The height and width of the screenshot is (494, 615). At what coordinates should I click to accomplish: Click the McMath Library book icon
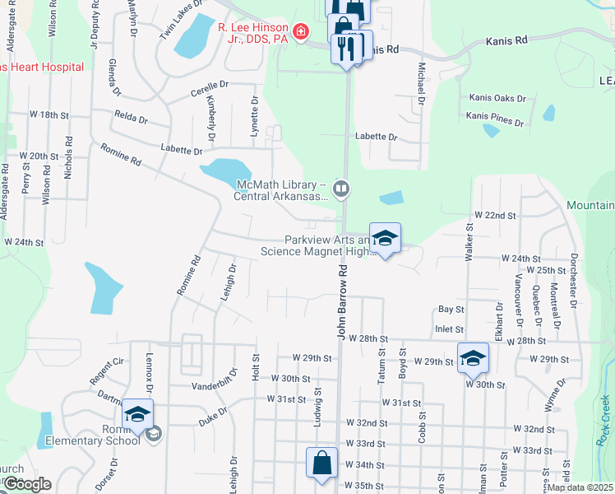coord(342,190)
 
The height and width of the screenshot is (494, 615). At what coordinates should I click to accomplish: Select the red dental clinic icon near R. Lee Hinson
coord(302,32)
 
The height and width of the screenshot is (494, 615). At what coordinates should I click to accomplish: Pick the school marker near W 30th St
coord(473,358)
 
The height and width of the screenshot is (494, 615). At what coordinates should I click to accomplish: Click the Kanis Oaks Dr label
coord(497,98)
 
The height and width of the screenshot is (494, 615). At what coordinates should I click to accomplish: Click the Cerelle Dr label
coord(210,85)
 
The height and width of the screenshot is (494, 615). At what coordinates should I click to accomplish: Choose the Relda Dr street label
coord(131,118)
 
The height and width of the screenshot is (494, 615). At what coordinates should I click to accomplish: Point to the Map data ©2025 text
coord(579,487)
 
